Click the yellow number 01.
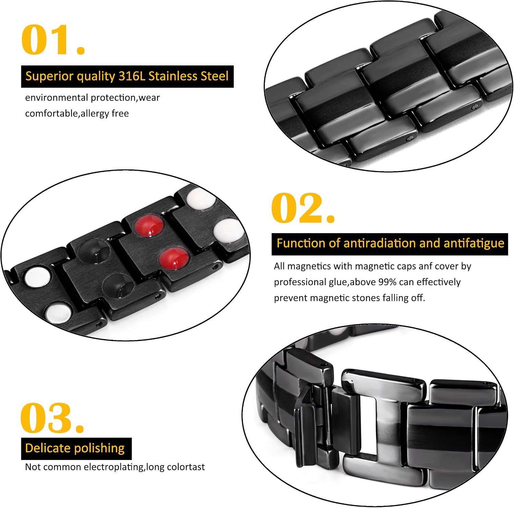[53, 40]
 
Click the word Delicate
[48, 448]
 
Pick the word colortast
[186, 467]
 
